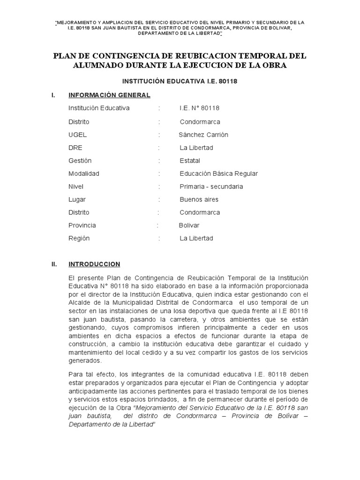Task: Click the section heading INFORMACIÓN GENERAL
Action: [x=109, y=95]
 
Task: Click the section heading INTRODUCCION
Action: [x=94, y=264]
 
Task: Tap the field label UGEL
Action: [x=77, y=135]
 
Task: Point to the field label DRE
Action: [x=75, y=148]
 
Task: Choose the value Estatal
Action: [x=190, y=161]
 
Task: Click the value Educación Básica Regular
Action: [x=218, y=173]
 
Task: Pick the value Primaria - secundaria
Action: [x=211, y=187]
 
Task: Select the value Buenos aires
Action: [x=199, y=199]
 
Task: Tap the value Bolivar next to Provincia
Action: [x=189, y=225]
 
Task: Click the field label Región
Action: [x=79, y=238]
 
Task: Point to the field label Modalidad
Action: [x=84, y=173]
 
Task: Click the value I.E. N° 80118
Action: [x=199, y=108]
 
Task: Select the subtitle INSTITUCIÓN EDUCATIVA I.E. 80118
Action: [x=180, y=81]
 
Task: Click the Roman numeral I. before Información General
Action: [x=54, y=95]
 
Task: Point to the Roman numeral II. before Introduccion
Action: [x=54, y=264]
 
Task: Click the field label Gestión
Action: [x=79, y=161]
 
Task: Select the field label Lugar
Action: [x=77, y=199]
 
